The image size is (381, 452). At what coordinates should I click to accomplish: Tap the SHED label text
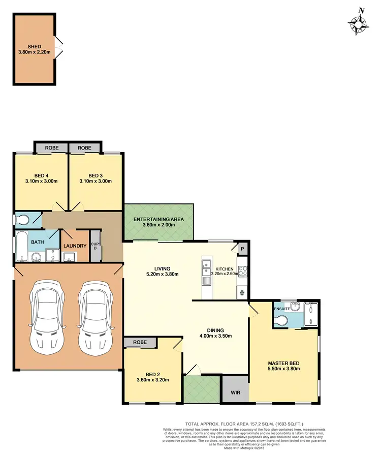[x=35, y=46]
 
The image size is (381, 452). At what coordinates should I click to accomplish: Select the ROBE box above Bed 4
[x=52, y=147]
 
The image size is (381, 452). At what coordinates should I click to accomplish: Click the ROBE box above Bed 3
[x=85, y=147]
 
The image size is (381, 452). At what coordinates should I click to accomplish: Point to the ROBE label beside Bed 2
[x=141, y=343]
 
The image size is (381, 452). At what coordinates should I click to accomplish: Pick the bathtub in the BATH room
[x=22, y=248]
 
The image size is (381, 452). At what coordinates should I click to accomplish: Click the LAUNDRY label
[x=75, y=247]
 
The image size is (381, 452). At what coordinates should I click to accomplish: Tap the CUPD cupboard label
[x=94, y=246]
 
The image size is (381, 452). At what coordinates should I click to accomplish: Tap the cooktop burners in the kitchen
[x=243, y=272]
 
